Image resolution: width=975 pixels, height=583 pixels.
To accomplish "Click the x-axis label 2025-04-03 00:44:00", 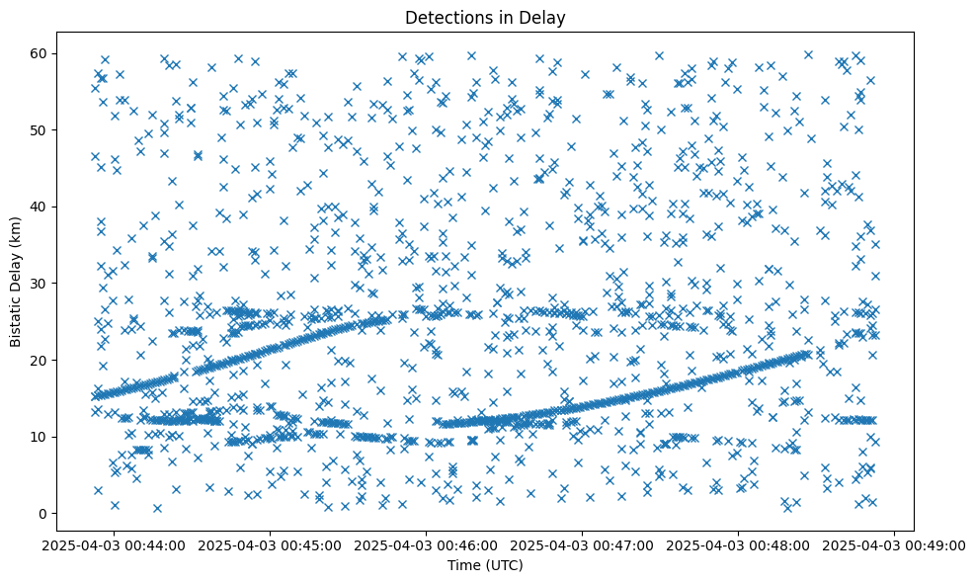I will (x=115, y=544).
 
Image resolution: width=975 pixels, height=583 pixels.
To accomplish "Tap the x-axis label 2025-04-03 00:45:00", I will (x=271, y=544).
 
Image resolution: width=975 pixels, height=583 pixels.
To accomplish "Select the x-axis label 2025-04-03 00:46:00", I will (x=427, y=544).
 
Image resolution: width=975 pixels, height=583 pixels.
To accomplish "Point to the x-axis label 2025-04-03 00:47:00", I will (x=583, y=544).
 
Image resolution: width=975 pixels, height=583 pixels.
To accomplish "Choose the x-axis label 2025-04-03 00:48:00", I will (x=739, y=544).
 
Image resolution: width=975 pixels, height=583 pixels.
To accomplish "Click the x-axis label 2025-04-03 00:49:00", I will (x=895, y=544).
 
